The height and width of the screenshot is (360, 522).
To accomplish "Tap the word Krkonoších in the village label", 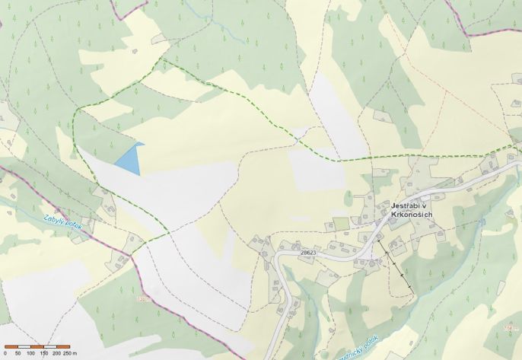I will coord(412,215).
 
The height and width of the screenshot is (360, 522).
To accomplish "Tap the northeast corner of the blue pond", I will coord(143,144).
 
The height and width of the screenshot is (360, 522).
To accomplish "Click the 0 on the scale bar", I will coord(5,353).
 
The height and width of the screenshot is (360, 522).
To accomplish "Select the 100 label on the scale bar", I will coord(30,353).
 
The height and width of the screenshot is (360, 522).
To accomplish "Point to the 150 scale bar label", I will coord(43,353).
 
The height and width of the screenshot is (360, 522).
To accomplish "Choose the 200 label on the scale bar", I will coord(56,353).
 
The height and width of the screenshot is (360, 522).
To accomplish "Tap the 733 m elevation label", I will coord(143,299).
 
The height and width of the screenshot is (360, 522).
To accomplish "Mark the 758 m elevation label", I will coord(510,328).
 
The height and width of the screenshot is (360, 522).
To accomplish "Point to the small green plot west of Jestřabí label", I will coord(340,224).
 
